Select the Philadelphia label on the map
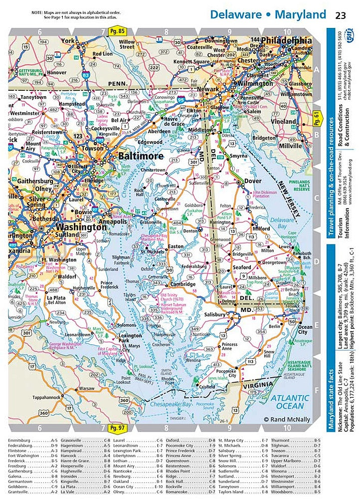pos(286,40)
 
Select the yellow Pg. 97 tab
pos(118,428)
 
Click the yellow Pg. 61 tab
pos(317,120)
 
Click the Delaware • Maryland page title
pos(268,14)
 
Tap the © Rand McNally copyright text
pos(287,420)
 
